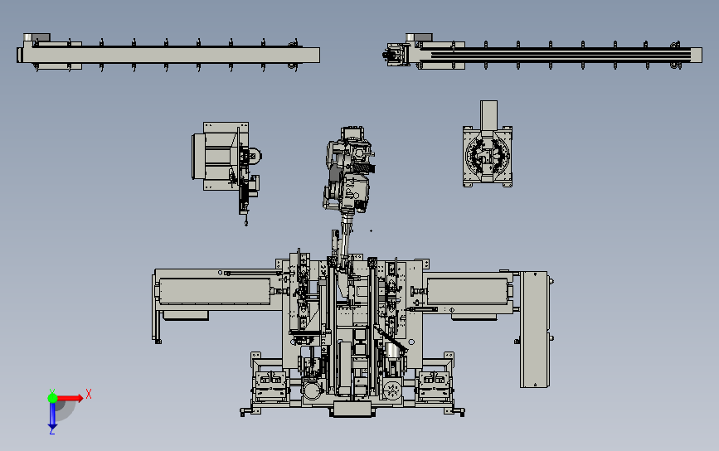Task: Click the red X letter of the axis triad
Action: click(x=89, y=394)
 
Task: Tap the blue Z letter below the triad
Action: click(x=51, y=430)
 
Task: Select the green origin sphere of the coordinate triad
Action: click(x=53, y=398)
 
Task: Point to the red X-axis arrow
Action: click(x=73, y=398)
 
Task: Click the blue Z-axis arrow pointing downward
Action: click(x=52, y=415)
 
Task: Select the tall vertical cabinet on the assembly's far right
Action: click(x=535, y=329)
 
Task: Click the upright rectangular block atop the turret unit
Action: click(x=488, y=114)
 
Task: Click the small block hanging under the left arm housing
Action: click(x=184, y=314)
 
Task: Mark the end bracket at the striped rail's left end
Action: click(x=395, y=55)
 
